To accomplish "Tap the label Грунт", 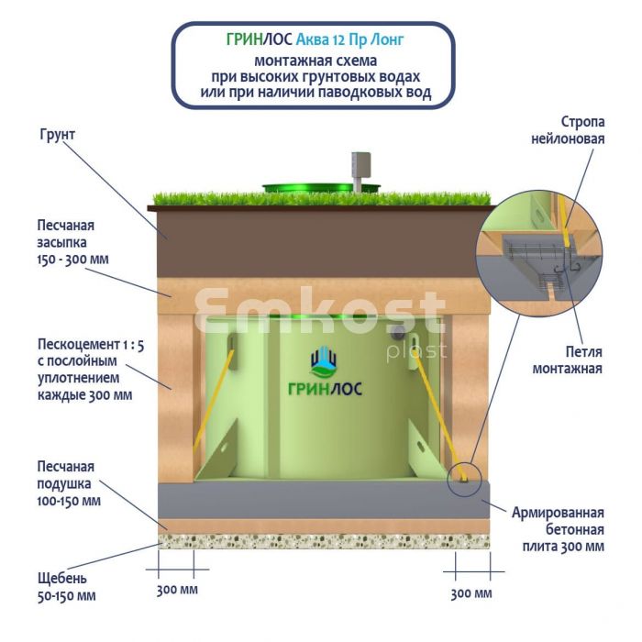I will (57, 135).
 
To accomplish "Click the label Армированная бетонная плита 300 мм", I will (558, 529).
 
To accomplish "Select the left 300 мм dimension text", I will (177, 590).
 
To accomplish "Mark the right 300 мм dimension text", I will (471, 593).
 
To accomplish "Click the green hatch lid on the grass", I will (322, 188).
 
